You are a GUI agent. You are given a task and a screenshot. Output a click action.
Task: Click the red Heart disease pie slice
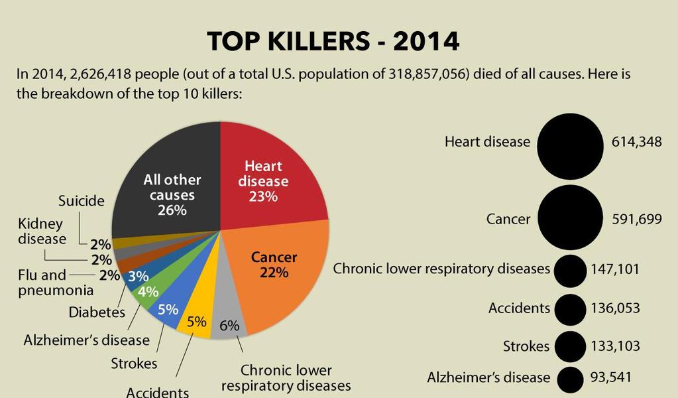[x=268, y=182]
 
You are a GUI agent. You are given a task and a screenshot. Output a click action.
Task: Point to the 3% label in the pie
[x=139, y=276]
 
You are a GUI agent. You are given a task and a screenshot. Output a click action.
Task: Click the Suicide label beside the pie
[x=82, y=201]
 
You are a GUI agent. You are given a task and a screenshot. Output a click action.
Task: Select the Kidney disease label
[x=42, y=231]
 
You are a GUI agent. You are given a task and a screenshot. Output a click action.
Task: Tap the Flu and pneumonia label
[x=56, y=282]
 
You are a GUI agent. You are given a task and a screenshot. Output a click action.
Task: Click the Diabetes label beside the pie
[x=97, y=312]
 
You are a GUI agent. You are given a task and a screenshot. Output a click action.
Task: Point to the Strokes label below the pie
[x=134, y=364]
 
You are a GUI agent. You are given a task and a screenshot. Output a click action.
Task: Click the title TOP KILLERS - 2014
[x=333, y=41]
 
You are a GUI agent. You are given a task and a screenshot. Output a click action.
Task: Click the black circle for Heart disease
[x=570, y=147]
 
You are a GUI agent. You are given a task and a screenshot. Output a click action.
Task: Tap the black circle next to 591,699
[x=570, y=218]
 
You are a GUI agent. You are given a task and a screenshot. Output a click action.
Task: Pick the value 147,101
[x=615, y=269]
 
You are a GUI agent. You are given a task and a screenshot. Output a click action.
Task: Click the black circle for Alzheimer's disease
[x=570, y=379]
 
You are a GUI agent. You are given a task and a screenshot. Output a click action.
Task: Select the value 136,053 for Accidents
[x=615, y=308]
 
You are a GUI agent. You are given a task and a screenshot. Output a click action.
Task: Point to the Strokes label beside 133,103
[x=526, y=346]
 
